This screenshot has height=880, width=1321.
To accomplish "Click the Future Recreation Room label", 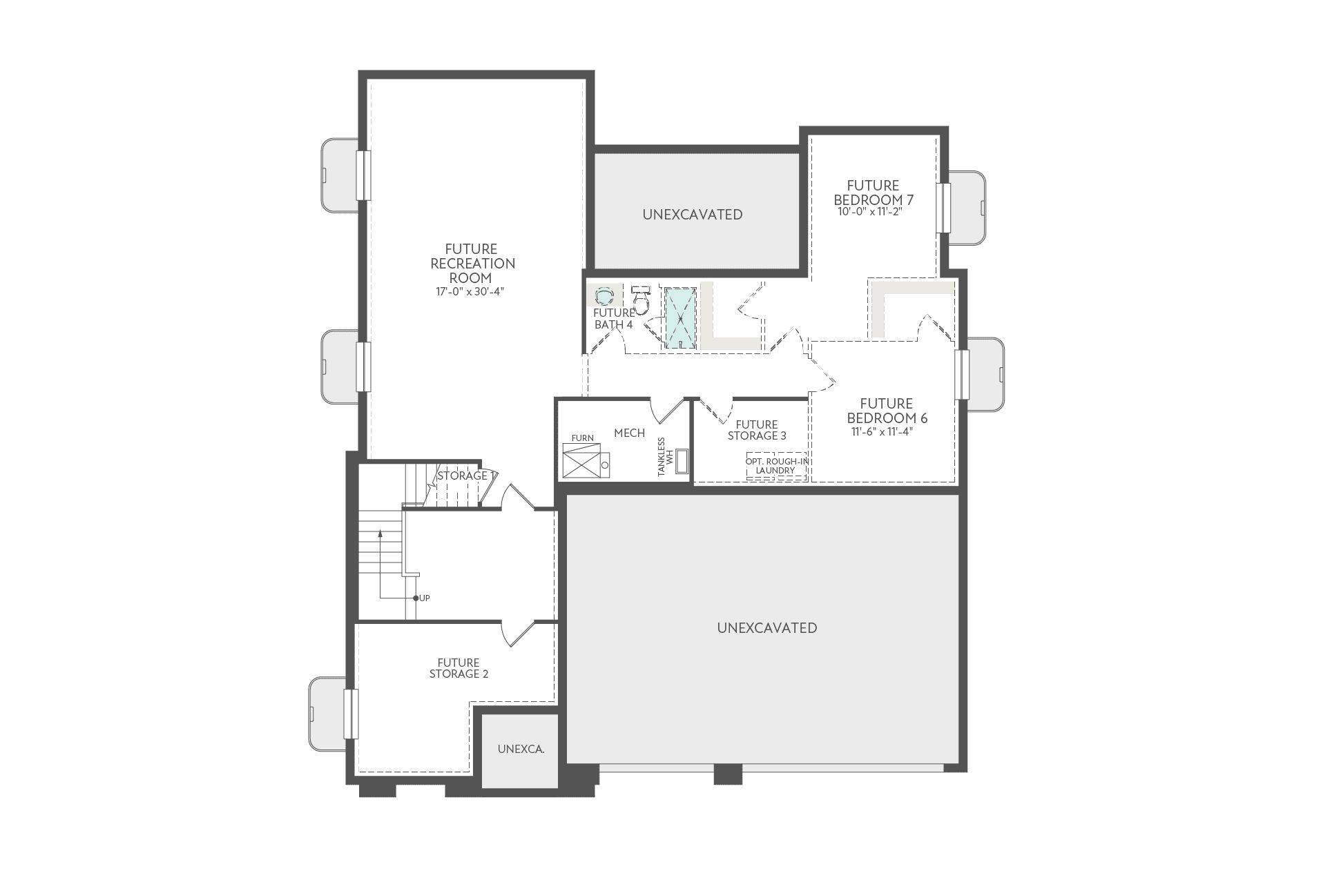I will (472, 263).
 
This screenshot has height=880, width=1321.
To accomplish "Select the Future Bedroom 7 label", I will (873, 193).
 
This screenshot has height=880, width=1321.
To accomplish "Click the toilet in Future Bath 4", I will (642, 300).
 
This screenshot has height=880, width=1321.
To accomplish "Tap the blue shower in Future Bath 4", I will (680, 318).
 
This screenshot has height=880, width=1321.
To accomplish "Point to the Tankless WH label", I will (664, 457).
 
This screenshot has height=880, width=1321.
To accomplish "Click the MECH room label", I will (629, 433).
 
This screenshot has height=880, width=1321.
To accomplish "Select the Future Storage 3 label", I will (757, 431).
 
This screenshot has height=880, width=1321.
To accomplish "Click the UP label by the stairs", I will (425, 598).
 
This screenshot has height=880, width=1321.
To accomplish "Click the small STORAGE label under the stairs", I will (462, 476).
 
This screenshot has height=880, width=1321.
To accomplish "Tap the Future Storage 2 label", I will (459, 669).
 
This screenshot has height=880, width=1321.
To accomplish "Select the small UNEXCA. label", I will (521, 749).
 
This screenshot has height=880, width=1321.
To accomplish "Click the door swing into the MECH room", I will (666, 412).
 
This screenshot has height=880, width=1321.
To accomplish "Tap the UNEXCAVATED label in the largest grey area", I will (766, 628).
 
